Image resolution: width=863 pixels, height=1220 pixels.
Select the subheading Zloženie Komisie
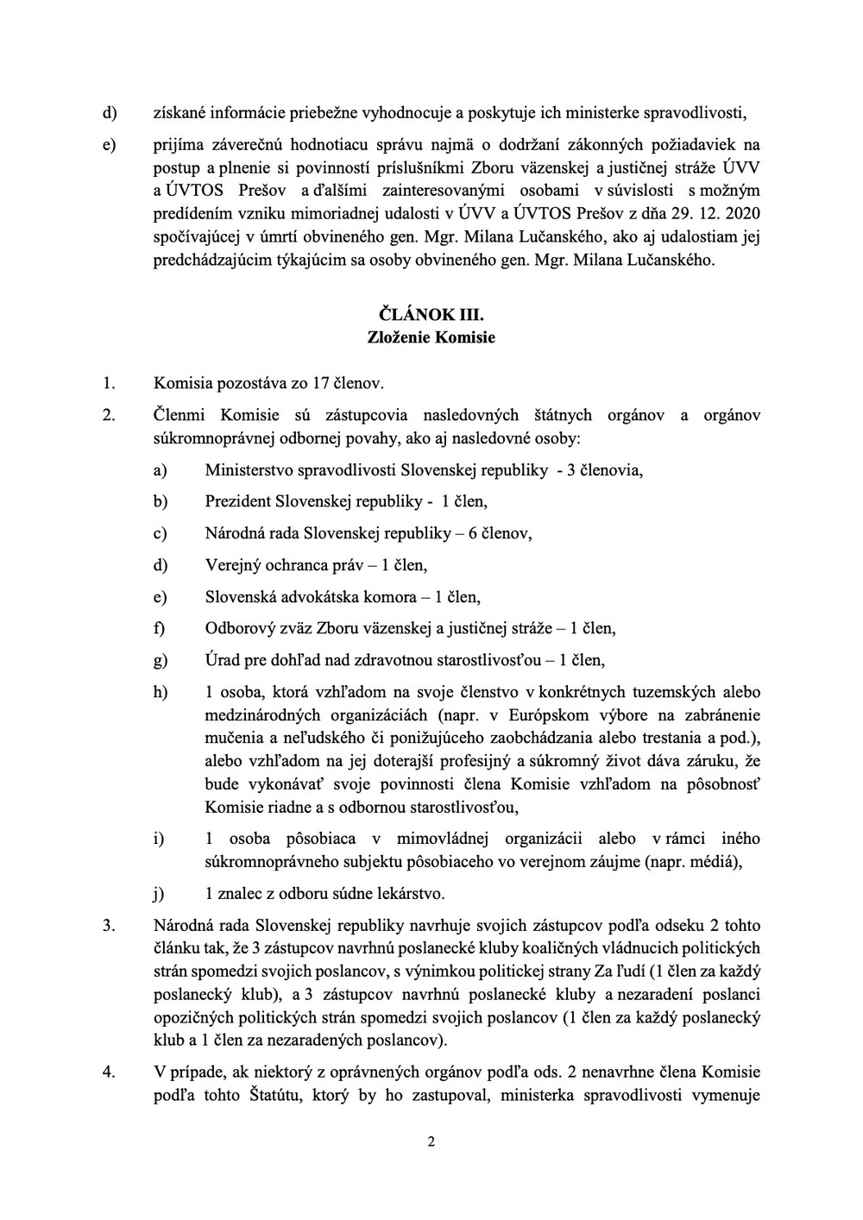pyautogui.click(x=431, y=337)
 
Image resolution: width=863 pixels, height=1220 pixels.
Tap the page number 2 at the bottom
pyautogui.click(x=431, y=1143)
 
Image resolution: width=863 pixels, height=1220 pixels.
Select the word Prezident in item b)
pyautogui.click(x=237, y=501)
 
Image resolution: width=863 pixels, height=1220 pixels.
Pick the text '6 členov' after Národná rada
pyautogui.click(x=500, y=533)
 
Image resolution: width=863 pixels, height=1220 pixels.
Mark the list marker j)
pyautogui.click(x=159, y=893)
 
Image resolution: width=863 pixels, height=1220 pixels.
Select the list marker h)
pyautogui.click(x=160, y=693)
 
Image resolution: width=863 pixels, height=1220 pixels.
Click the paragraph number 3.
pyautogui.click(x=109, y=925)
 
